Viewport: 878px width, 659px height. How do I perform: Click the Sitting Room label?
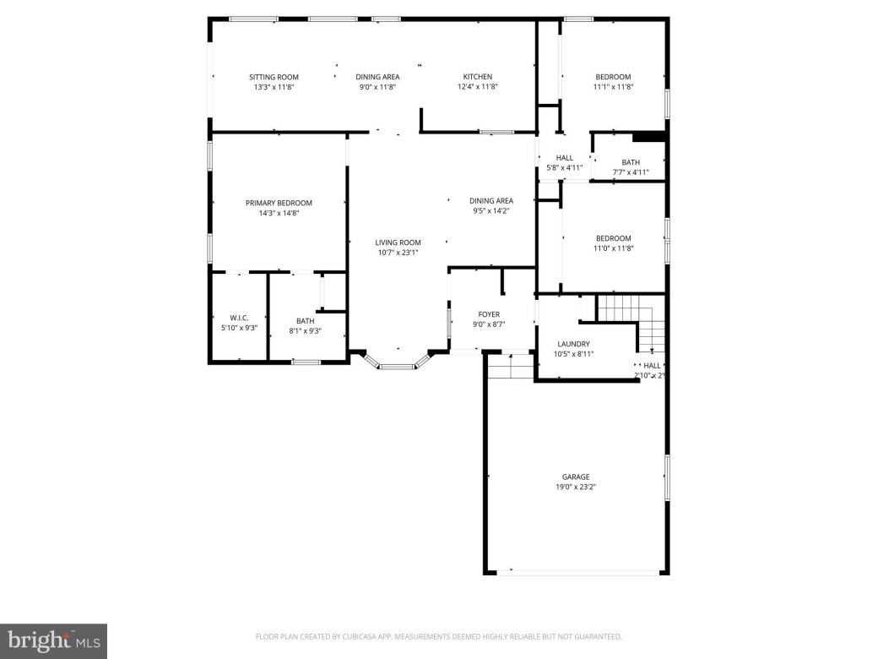(274, 77)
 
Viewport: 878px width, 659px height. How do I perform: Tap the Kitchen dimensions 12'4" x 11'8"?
(477, 87)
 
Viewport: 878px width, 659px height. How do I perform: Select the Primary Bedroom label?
(279, 203)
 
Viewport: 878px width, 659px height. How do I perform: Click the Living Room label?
(398, 242)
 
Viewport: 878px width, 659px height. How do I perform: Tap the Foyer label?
(490, 314)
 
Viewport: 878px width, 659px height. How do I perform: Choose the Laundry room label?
(573, 344)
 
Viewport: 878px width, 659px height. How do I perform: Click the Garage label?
(576, 477)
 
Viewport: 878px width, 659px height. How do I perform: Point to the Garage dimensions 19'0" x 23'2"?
(576, 487)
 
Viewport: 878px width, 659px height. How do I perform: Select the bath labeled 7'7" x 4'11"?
(631, 162)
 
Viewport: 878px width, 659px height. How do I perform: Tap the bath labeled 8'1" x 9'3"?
(305, 321)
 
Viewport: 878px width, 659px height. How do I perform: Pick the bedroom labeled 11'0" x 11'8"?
(613, 238)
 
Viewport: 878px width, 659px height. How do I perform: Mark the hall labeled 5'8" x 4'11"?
(564, 158)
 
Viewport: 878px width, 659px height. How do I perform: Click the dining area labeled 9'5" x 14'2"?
(491, 200)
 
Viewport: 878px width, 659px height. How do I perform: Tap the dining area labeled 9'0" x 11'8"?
(377, 77)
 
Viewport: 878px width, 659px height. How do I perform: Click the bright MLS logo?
(52, 641)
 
